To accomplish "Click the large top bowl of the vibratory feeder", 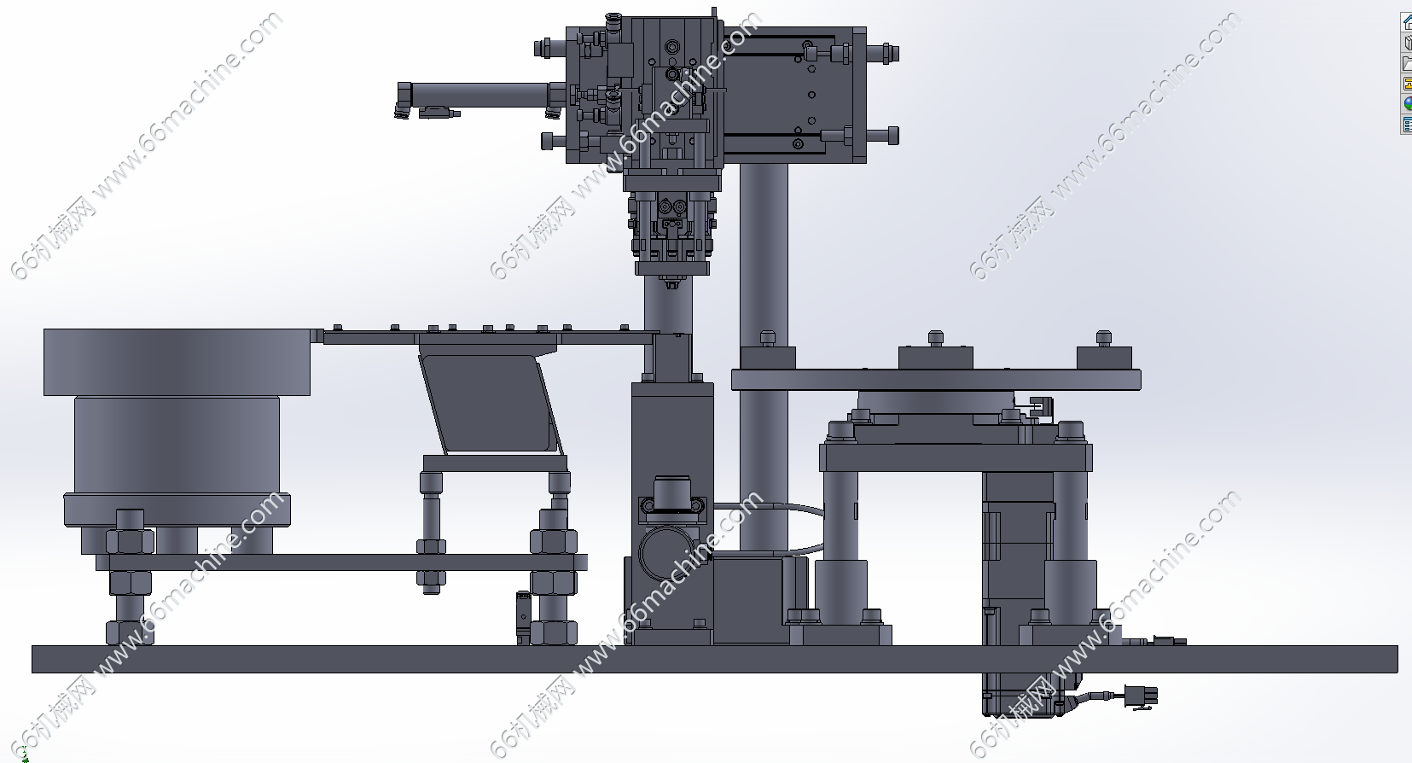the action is pyautogui.click(x=177, y=362).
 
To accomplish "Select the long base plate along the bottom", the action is pyautogui.click(x=715, y=659).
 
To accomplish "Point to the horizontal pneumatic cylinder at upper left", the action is pyautogui.click(x=479, y=96).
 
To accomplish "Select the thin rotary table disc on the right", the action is pyautogui.click(x=936, y=380).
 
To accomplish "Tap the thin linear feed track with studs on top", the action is pyautogui.click(x=485, y=337).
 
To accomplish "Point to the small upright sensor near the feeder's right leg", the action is pyautogui.click(x=522, y=617).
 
